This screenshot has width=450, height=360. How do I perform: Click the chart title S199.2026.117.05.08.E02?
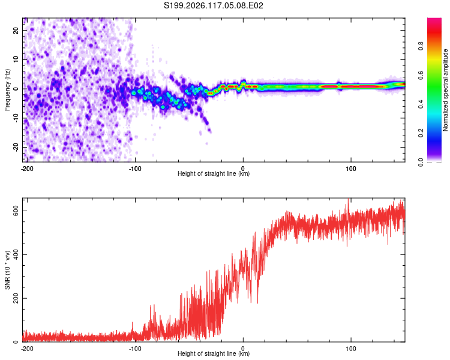point(213,5)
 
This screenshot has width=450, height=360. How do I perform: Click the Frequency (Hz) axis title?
point(7,90)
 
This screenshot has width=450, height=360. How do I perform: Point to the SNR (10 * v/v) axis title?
point(7,270)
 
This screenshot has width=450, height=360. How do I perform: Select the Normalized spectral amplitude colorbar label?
point(445,90)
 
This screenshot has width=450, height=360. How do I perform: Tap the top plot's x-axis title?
point(214,173)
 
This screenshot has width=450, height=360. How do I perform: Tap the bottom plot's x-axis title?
point(214,353)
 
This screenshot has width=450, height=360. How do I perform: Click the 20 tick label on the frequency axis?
point(16,31)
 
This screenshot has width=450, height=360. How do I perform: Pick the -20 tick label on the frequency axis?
point(16,147)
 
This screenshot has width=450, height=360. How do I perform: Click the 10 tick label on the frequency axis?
point(16,60)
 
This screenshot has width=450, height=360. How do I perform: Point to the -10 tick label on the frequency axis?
point(16,118)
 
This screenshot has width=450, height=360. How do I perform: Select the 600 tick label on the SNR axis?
point(16,211)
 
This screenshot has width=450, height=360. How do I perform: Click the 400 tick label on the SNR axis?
point(16,254)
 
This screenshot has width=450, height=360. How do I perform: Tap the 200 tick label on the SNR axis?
point(16,299)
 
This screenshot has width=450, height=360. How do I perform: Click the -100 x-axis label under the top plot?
point(135,169)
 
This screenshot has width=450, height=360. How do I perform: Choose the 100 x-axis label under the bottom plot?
point(351,349)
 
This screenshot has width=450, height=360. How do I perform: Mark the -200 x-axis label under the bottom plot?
point(27,349)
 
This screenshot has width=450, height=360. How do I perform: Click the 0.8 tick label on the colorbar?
point(421,46)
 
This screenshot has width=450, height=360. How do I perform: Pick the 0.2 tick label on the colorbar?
point(421,133)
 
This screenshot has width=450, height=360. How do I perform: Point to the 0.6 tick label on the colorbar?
point(421,75)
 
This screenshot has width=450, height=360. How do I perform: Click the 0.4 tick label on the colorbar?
point(421,104)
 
